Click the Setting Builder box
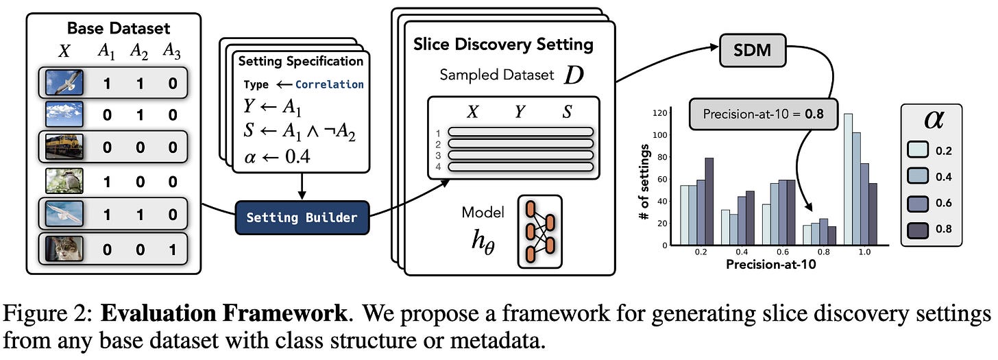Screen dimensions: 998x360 tap(302, 217)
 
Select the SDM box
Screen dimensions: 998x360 tap(752, 50)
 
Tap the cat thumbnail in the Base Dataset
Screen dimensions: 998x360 tap(64, 249)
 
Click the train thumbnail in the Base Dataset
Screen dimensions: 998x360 tap(64, 147)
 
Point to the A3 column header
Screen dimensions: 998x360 tap(171, 51)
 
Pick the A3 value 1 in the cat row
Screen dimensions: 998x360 tap(173, 250)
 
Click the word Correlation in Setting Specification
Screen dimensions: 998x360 tap(329, 84)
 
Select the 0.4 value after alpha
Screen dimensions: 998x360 tap(297, 156)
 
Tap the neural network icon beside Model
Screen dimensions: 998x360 tap(540, 232)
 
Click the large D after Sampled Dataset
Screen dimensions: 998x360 tap(574, 75)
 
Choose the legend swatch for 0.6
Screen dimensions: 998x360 tap(918, 203)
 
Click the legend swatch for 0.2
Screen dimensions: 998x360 tap(918, 149)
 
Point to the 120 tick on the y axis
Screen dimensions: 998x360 tap(660, 113)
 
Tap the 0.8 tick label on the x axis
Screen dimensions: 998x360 tap(823, 252)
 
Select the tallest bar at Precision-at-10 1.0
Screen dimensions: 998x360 tap(849, 180)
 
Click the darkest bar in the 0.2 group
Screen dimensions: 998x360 tap(709, 202)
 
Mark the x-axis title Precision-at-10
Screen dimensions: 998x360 tap(770, 265)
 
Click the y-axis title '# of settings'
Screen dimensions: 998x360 tap(644, 182)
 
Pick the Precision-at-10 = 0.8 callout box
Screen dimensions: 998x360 tap(763, 115)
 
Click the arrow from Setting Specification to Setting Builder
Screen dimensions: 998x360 tap(302, 187)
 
